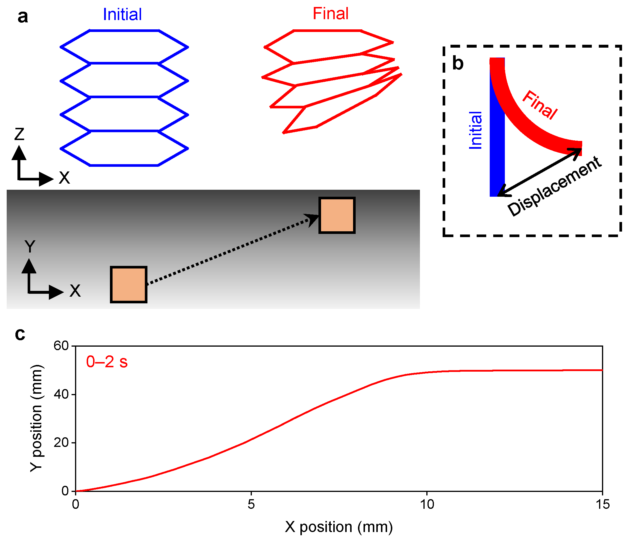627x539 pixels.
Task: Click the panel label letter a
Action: click(23, 17)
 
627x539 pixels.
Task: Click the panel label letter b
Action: click(457, 63)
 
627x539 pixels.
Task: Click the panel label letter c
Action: click(20, 334)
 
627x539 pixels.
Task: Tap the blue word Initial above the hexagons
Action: click(122, 14)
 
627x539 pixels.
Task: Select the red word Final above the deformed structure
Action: click(330, 14)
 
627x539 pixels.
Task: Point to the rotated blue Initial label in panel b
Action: click(475, 130)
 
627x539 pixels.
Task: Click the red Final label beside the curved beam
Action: click(540, 105)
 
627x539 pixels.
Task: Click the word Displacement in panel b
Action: click(554, 186)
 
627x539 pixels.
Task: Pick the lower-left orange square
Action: click(129, 284)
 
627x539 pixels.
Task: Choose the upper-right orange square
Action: click(337, 215)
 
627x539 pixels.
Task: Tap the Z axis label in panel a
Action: click(19, 134)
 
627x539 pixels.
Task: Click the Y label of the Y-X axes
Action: click(30, 247)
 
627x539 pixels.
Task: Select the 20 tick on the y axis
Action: click(61, 443)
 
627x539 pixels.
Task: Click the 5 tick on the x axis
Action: click(251, 504)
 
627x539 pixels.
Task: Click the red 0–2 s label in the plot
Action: click(107, 362)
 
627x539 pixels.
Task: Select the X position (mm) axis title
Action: click(339, 527)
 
